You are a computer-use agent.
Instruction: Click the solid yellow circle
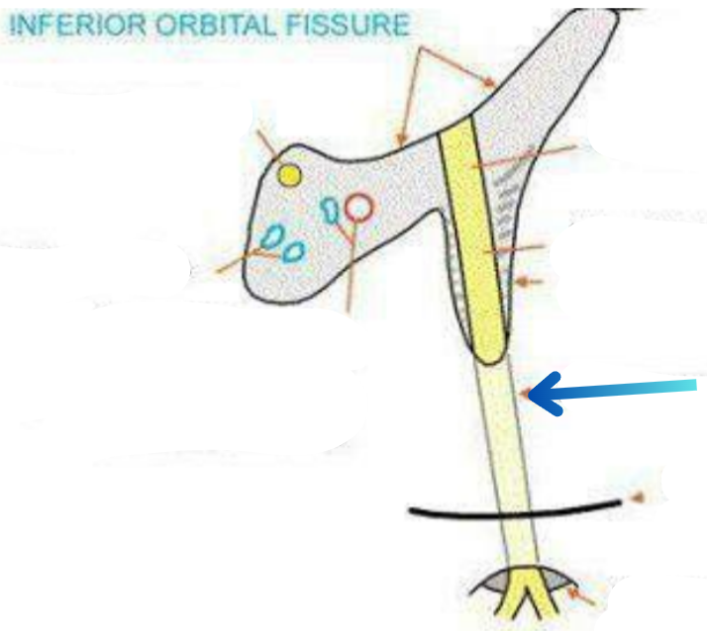pyautogui.click(x=289, y=176)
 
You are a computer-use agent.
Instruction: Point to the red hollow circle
pyautogui.click(x=359, y=207)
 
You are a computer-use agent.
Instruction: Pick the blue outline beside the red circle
pyautogui.click(x=331, y=209)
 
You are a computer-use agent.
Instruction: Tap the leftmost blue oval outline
pyautogui.click(x=270, y=237)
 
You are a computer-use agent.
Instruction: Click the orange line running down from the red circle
pyautogui.click(x=349, y=267)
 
